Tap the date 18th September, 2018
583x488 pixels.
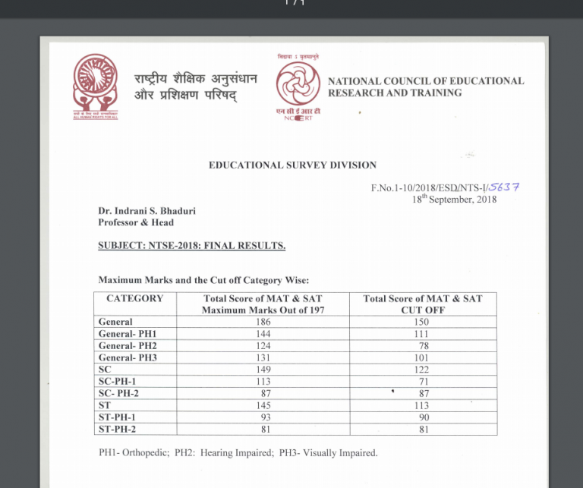(454, 199)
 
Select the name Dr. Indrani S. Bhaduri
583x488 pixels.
(147, 211)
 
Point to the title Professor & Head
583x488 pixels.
(136, 222)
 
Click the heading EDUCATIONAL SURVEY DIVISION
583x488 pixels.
(292, 165)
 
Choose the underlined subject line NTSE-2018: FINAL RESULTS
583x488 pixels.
(191, 246)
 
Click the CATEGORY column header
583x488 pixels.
(134, 299)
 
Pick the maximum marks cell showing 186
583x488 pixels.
(263, 322)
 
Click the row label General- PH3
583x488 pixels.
(128, 357)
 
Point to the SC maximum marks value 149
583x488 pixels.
(263, 370)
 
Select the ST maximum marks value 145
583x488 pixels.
(263, 405)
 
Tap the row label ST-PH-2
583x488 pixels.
(118, 430)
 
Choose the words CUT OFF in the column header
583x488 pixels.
(422, 310)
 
